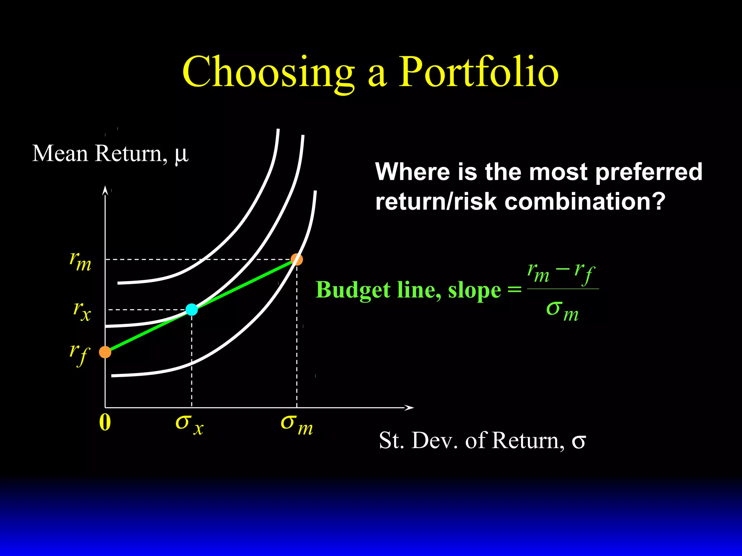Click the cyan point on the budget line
point(192,309)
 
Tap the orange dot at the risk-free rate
point(105,352)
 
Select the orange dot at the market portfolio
point(297,259)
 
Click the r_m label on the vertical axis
point(80,261)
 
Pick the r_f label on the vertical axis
point(79,354)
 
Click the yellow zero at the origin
point(105,422)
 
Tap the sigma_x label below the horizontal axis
point(189,424)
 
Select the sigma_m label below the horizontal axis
point(296,425)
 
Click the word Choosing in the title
point(268,72)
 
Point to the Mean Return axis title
point(111,153)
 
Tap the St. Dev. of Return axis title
point(482,441)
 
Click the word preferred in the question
point(649,172)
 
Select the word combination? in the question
point(585,201)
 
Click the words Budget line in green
point(379,290)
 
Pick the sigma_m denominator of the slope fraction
point(562,311)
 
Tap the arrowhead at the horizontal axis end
point(409,408)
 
